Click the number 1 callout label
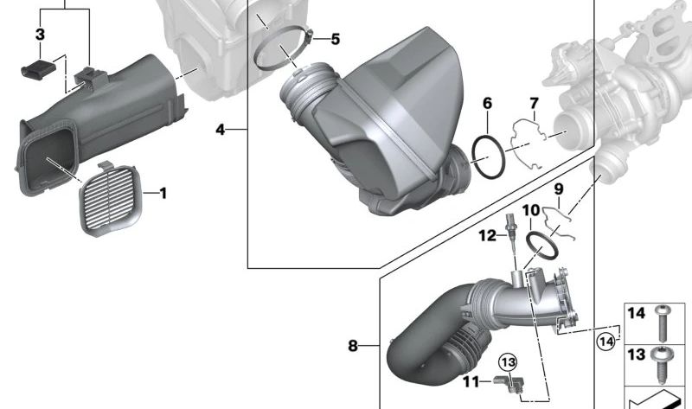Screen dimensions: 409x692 162,193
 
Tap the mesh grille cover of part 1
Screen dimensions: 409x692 111,200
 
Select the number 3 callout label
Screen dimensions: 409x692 40,35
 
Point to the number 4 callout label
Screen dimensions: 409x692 221,130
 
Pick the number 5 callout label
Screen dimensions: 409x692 335,39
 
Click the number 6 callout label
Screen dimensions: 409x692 487,104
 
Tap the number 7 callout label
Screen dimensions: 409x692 534,104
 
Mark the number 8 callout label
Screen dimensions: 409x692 353,346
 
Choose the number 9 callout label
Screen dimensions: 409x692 558,189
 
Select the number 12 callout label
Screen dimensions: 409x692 486,234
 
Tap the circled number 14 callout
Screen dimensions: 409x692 606,342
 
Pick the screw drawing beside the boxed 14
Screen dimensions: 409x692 663,322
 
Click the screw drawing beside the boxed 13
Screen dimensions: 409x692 663,361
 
